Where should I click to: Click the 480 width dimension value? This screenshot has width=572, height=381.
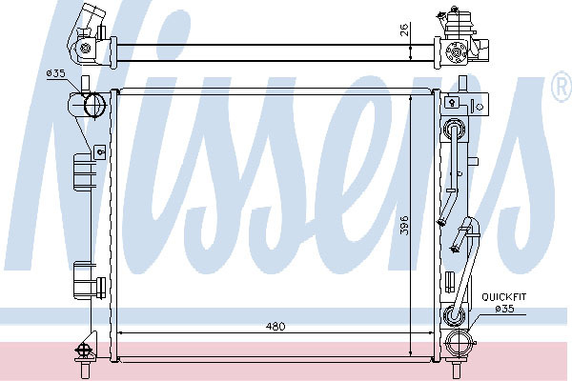[x=276, y=326]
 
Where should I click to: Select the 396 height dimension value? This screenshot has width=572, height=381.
[x=404, y=226]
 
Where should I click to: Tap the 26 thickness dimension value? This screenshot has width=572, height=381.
[x=404, y=29]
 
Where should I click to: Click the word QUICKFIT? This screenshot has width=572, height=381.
[x=503, y=297]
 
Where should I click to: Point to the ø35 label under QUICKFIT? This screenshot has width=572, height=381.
[x=504, y=309]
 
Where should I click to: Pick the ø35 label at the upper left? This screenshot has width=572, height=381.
[x=55, y=73]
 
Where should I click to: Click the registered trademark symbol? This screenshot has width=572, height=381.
[x=562, y=87]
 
